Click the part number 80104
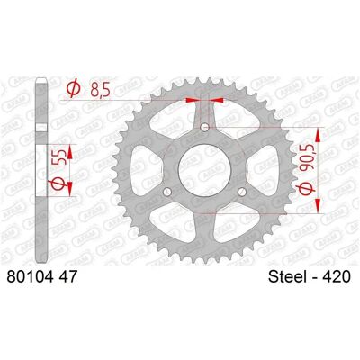(31, 277)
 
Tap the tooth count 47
(67, 277)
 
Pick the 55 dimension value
(58, 157)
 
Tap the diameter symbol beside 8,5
(74, 88)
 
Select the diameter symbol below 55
(58, 183)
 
